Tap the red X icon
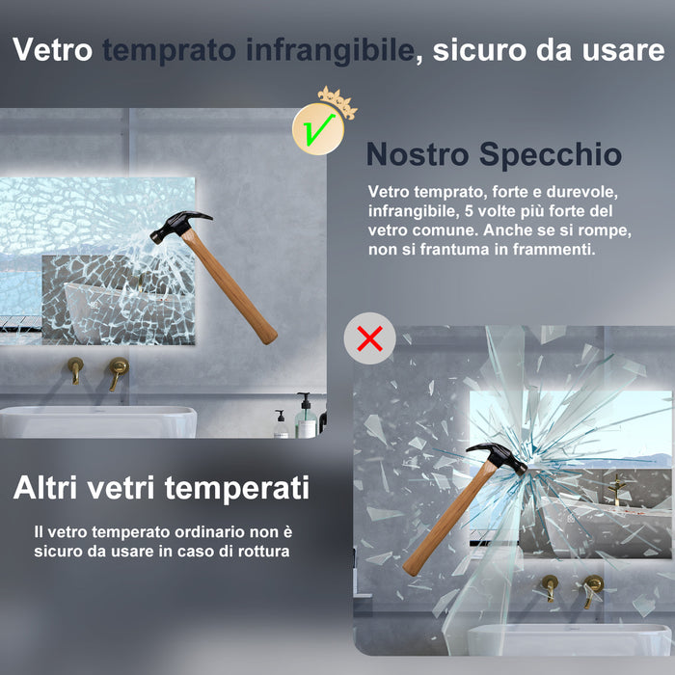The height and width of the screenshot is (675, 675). click(369, 337)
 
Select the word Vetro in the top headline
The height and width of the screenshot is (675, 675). click(52, 50)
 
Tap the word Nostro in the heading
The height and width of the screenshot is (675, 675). click(418, 154)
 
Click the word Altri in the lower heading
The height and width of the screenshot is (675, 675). click(49, 488)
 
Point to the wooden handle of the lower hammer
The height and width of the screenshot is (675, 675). click(444, 521)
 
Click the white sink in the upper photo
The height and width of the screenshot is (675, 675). click(96, 420)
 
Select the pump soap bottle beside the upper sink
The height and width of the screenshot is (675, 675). click(305, 417)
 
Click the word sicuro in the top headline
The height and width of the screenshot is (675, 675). click(485, 50)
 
